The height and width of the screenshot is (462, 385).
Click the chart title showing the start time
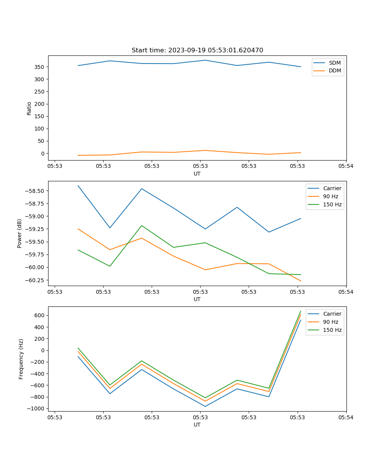point(197,50)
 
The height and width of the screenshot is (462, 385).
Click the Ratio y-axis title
point(29,108)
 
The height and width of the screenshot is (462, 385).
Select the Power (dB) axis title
point(20,233)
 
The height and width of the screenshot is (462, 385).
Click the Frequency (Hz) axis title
point(21,359)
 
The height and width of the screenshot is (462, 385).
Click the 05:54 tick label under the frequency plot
point(346,417)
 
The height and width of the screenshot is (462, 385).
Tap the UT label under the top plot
point(197,174)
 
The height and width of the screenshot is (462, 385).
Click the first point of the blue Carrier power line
point(78,186)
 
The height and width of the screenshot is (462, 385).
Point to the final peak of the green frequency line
point(301,311)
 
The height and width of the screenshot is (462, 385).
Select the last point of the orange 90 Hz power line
point(301,281)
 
